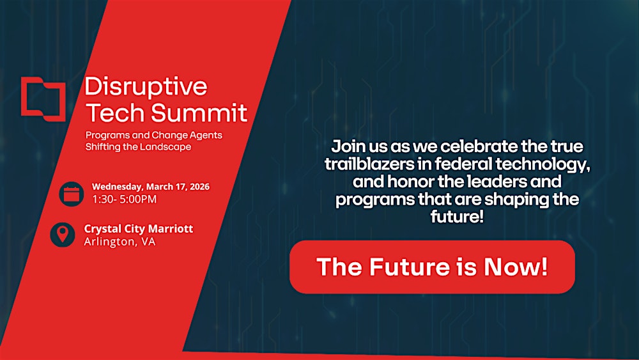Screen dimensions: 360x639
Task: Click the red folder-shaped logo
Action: coord(43,99)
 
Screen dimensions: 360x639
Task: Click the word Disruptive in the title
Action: coord(146,86)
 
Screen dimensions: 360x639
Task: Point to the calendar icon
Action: coord(71,194)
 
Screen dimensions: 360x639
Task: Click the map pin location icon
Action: coord(63,235)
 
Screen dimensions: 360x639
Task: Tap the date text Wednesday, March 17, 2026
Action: coord(151,187)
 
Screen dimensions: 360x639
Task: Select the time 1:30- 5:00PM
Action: coord(124,199)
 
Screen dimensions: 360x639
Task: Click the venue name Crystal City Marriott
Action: coord(139,228)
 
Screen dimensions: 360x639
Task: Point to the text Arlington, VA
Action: coord(119,242)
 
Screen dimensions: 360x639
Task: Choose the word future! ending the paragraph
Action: coord(457,217)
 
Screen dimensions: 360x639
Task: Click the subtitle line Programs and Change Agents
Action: coord(154,136)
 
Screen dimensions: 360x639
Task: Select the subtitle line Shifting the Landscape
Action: coord(138,146)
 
